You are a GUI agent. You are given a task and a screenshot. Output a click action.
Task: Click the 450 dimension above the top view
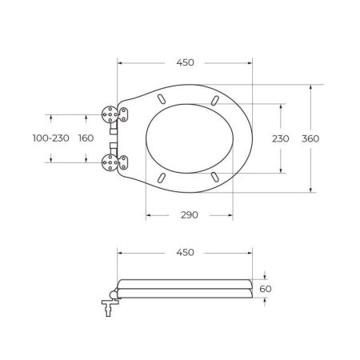tap(185, 62)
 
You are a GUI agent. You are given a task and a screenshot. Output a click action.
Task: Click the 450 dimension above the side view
tap(185, 252)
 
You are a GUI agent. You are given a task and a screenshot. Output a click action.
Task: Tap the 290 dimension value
tap(190, 215)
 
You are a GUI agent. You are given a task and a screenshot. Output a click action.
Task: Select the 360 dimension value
tap(310, 138)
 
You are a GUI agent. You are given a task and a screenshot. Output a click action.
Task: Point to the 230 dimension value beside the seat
tap(281, 138)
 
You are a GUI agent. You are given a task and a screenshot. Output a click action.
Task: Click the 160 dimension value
tap(86, 138)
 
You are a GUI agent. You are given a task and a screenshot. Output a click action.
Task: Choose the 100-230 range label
tap(51, 138)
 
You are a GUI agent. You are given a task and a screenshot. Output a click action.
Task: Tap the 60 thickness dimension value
tap(266, 289)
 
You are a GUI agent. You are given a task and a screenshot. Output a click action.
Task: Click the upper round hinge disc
tap(110, 114)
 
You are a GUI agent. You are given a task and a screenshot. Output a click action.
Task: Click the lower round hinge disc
tap(110, 162)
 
